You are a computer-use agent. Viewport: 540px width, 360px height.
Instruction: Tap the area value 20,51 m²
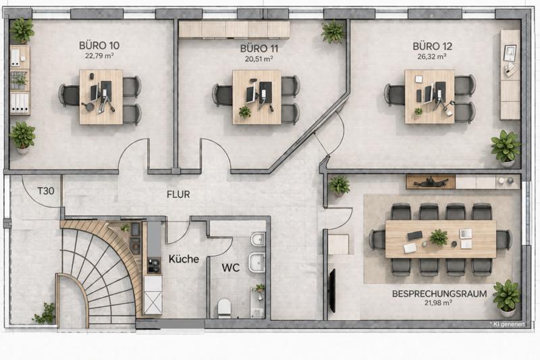259,59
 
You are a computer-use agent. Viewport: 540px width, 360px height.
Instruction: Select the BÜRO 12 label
433,46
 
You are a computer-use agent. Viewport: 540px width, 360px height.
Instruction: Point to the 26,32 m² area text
433,57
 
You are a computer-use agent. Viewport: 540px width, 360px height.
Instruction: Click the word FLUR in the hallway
178,195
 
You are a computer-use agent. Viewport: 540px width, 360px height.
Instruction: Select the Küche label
183,259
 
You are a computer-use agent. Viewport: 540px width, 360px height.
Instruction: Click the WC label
231,267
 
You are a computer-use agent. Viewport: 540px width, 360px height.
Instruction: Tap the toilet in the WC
225,308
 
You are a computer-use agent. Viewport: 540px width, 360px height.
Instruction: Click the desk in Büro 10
101,97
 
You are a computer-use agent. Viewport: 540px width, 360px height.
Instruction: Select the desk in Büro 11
256,97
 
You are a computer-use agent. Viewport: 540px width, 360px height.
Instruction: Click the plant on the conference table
439,237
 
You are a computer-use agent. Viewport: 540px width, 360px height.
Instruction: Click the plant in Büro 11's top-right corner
333,30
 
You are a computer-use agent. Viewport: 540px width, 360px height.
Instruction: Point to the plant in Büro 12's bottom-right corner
506,147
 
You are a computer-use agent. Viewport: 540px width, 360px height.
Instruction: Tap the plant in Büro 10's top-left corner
22,30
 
